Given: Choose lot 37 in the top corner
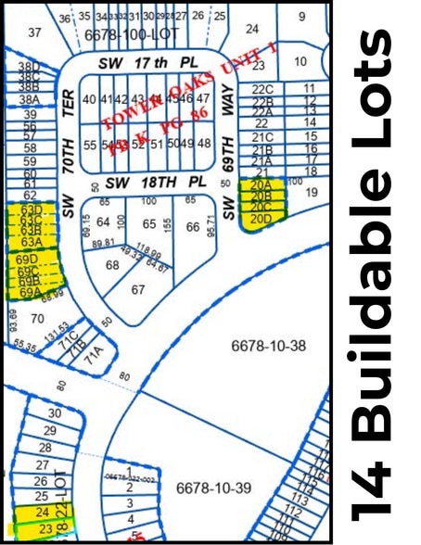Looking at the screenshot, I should click(x=34, y=32).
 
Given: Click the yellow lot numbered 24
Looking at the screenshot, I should click(x=41, y=512).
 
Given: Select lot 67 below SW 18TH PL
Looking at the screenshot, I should click(x=138, y=289).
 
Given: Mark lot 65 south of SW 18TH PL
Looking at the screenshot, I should click(x=149, y=224).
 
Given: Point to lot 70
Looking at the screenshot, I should click(x=37, y=318).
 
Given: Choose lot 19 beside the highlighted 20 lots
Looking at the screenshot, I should click(x=313, y=192).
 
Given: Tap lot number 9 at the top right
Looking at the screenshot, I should click(x=301, y=16).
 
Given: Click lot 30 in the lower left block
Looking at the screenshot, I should click(x=55, y=412).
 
